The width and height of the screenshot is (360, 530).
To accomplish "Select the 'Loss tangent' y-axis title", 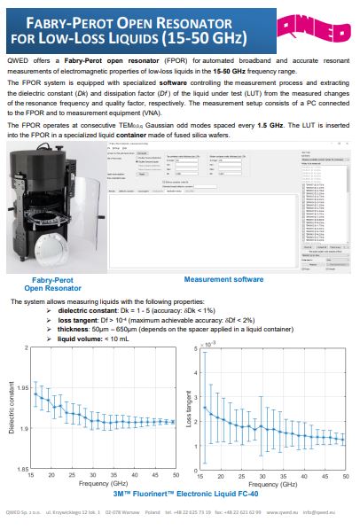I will [x=190, y=409].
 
